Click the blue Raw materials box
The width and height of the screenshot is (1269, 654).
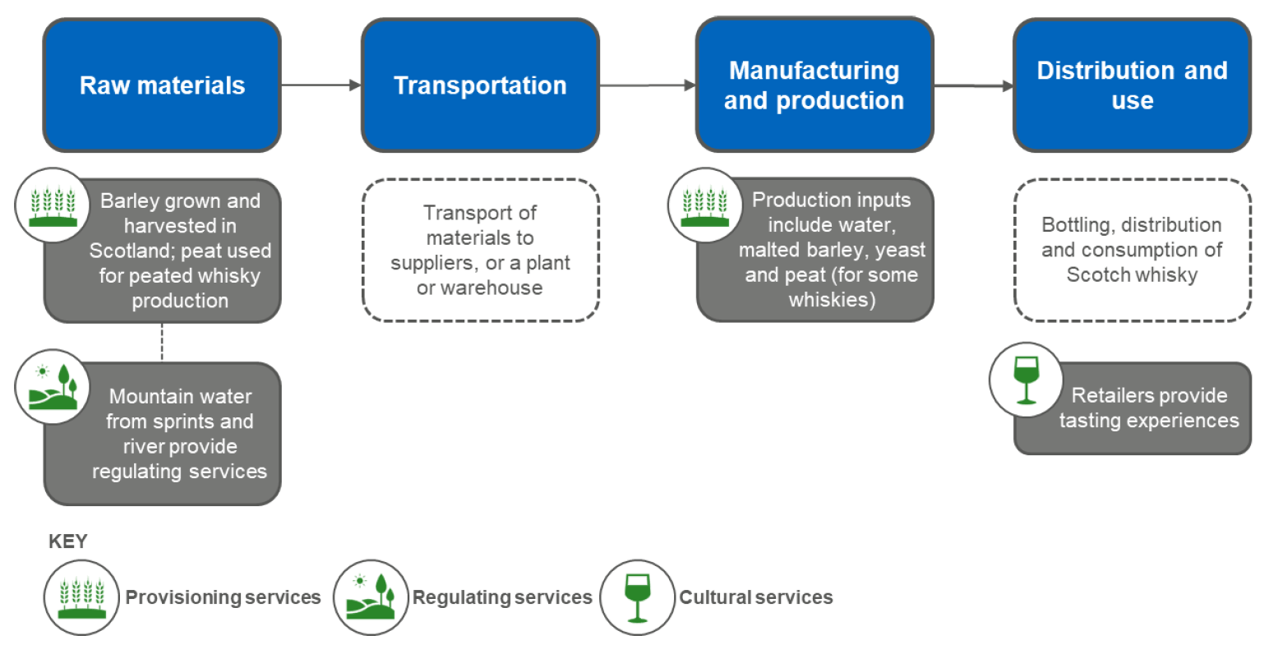click(162, 85)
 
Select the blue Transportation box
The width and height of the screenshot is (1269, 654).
click(480, 85)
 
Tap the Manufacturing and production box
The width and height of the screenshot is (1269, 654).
click(814, 85)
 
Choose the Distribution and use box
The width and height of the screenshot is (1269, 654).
click(1132, 85)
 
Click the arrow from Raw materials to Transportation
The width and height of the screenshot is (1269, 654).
click(321, 85)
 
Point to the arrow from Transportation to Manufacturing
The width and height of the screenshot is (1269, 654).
click(647, 85)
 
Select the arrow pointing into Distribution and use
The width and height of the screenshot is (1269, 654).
click(973, 85)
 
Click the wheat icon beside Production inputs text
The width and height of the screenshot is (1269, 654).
click(705, 205)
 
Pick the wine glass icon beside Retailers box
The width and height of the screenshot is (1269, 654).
click(1026, 380)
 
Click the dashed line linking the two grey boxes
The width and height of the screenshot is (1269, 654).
click(162, 342)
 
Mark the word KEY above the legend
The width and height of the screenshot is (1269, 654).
click(67, 541)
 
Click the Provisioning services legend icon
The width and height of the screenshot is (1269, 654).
click(81, 597)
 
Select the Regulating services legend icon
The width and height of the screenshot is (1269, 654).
click(371, 597)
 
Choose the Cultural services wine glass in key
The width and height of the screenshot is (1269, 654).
click(637, 597)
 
